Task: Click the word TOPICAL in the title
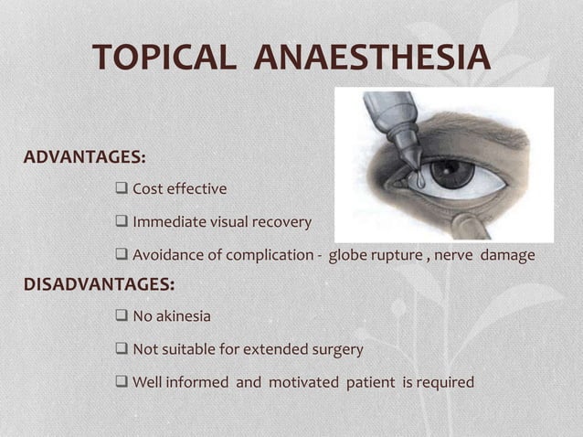click(x=165, y=57)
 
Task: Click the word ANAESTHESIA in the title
click(x=372, y=57)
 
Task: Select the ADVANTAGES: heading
click(x=84, y=156)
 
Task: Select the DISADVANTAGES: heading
click(x=99, y=284)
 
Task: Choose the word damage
click(x=507, y=255)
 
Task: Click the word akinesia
click(x=183, y=316)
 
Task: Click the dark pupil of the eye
click(x=451, y=172)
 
